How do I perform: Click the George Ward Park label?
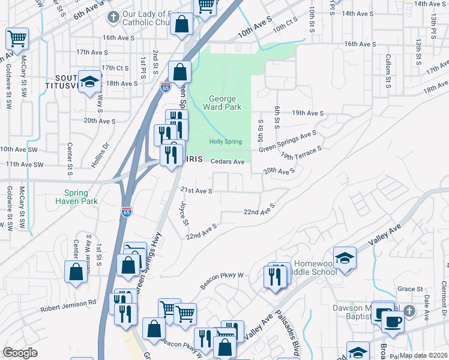click(x=225, y=103)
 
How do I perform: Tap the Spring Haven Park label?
click(x=80, y=197)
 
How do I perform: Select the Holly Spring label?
click(x=225, y=142)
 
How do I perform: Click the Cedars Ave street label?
click(x=228, y=161)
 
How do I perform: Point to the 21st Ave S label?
click(x=197, y=191)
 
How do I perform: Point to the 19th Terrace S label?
click(x=301, y=152)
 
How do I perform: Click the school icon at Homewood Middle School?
click(x=345, y=258)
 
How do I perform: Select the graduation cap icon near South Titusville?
click(x=89, y=82)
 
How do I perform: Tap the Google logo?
click(x=20, y=353)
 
